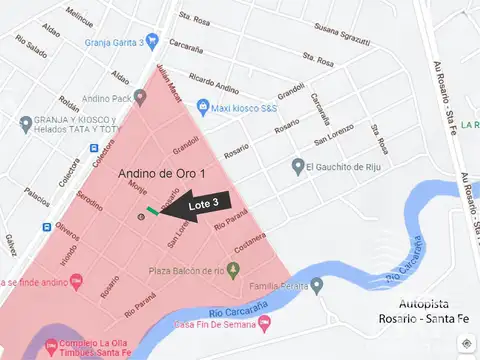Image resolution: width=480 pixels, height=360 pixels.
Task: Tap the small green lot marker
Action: click(x=153, y=211)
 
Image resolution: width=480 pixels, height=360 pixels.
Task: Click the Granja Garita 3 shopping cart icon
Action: click(x=152, y=41)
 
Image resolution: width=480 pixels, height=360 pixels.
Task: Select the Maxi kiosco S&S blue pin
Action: click(x=203, y=106)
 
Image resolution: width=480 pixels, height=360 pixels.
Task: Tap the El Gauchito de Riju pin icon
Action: click(x=298, y=165)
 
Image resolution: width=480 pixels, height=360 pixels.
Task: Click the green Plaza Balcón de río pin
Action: click(x=233, y=270)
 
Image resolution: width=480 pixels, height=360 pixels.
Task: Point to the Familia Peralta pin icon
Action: click(x=317, y=285)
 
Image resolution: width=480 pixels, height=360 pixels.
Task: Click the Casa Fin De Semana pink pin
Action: click(x=266, y=323)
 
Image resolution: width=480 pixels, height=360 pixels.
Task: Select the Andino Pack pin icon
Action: click(x=140, y=98)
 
